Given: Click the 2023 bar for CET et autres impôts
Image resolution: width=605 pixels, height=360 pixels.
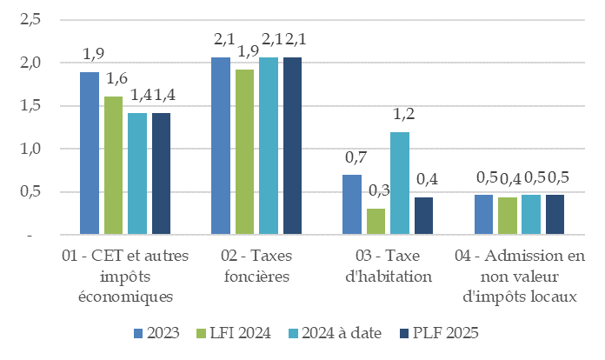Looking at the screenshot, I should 90,154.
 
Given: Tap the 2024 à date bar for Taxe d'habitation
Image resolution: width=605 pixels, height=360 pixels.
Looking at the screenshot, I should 400,183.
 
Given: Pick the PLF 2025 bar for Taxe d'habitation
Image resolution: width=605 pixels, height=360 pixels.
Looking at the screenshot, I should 423,217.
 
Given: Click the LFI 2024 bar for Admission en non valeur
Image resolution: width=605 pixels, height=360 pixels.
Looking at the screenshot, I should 507,217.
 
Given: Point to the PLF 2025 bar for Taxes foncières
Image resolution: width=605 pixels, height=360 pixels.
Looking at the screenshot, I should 291,146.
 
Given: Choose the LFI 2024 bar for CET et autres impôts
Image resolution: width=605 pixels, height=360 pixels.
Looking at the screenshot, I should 113,166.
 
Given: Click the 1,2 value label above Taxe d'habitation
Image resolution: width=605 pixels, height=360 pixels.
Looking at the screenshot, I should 401,115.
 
